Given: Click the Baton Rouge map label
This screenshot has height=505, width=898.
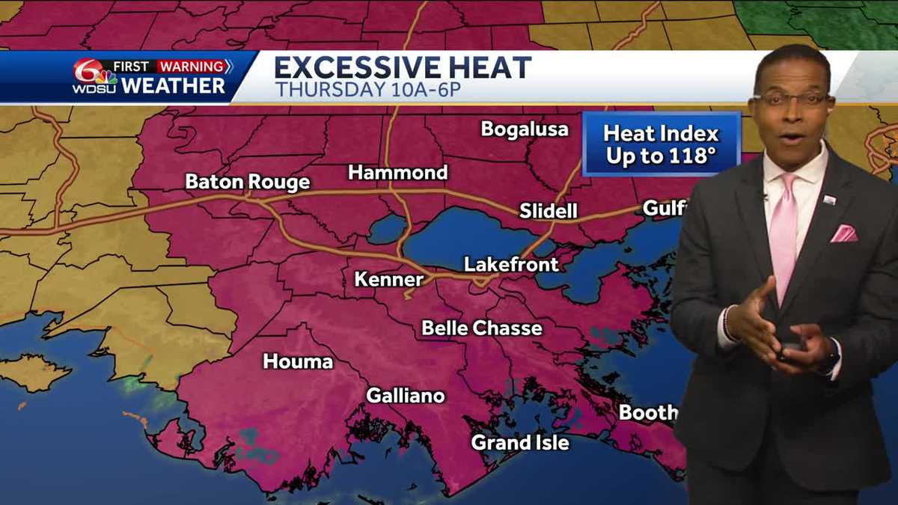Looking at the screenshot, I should pyautogui.click(x=247, y=182).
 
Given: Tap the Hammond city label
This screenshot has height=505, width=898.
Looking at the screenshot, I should pyautogui.click(x=397, y=173).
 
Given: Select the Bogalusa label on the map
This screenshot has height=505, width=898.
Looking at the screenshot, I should pyautogui.click(x=525, y=129).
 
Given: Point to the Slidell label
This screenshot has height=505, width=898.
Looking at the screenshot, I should pyautogui.click(x=549, y=211).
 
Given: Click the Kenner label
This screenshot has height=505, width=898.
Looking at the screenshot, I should pyautogui.click(x=388, y=280).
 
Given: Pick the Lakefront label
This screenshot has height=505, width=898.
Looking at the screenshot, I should pyautogui.click(x=511, y=264).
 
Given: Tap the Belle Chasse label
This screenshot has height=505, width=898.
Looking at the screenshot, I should pyautogui.click(x=482, y=328).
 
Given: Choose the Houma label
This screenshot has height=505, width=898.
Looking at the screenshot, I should pyautogui.click(x=297, y=362).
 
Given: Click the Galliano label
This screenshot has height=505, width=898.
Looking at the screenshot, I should pyautogui.click(x=405, y=396).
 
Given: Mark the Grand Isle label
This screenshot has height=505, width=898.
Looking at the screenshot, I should pyautogui.click(x=519, y=442).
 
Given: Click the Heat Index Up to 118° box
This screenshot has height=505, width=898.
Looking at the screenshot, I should pyautogui.click(x=661, y=144).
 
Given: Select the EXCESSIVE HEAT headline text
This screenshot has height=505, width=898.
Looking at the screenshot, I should pyautogui.click(x=403, y=68).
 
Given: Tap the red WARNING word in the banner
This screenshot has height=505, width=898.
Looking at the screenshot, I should pyautogui.click(x=190, y=67).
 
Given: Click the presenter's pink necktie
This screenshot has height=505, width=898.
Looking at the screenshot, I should pyautogui.click(x=784, y=232).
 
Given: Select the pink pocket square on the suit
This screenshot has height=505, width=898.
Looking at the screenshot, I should pyautogui.click(x=843, y=233).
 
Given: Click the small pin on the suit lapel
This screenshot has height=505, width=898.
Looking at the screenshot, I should pyautogui.click(x=829, y=199).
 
